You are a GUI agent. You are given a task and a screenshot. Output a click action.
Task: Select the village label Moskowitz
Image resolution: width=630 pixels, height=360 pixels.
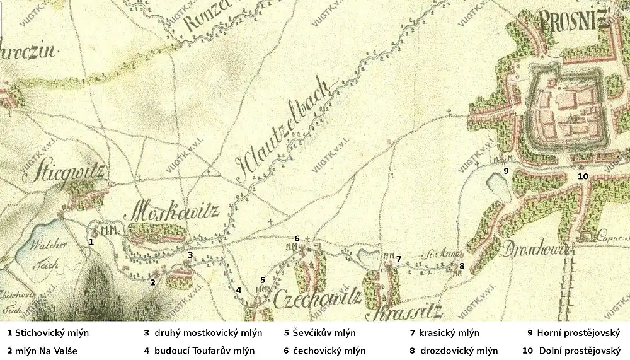point(176,211)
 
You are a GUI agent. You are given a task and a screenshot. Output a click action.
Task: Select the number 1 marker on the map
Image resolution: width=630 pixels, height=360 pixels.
point(91,241)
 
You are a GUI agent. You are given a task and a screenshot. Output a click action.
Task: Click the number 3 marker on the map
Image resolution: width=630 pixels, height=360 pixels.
point(190,255)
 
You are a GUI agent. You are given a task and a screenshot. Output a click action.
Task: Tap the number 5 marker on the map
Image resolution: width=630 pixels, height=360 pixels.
point(263,280)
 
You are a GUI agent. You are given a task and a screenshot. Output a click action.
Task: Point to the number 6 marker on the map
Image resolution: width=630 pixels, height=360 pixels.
point(297,238)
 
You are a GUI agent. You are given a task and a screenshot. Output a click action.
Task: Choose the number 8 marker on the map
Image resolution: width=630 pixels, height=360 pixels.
point(461,266)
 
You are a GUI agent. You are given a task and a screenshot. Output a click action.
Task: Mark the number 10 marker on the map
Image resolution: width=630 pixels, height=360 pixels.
point(583,177)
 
